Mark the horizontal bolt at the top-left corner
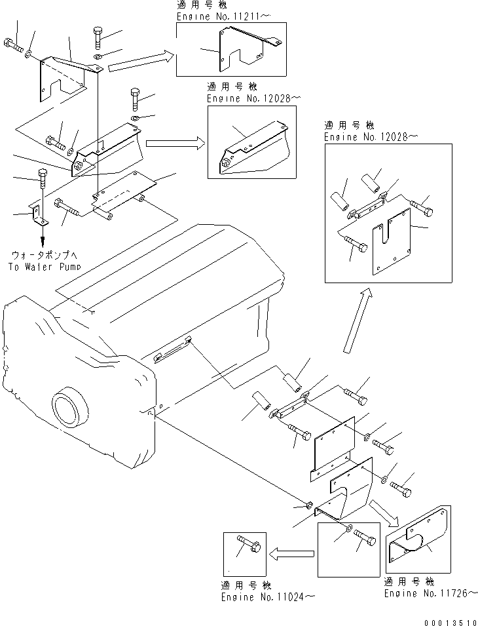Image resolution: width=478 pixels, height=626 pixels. tap(13, 46)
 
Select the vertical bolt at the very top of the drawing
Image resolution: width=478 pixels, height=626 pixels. tap(98, 37)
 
